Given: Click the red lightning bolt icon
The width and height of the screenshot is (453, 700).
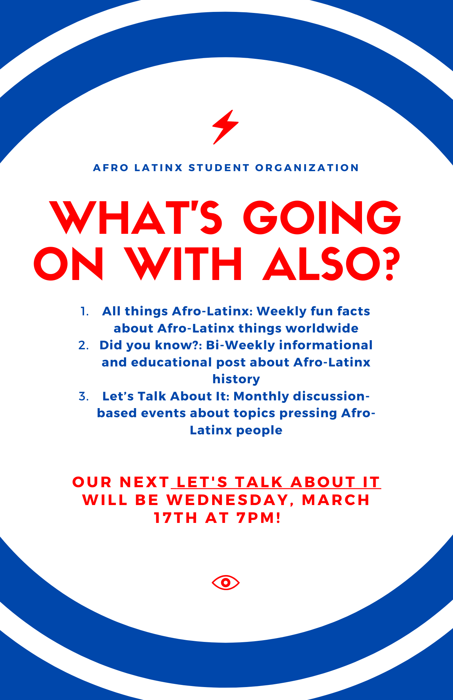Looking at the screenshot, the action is (x=225, y=127).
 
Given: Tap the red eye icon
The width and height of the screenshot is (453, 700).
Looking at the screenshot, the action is (x=226, y=582).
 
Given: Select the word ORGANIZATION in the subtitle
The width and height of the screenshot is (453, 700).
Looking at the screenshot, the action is (x=307, y=168).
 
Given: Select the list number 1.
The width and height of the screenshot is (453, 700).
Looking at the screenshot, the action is (x=84, y=311).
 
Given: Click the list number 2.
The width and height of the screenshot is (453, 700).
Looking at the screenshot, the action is (x=84, y=345).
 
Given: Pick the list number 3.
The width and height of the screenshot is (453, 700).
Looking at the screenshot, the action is (x=84, y=396).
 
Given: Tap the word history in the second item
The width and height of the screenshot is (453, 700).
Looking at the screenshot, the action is (x=236, y=379).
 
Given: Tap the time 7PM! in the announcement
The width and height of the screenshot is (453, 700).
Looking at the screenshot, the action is (x=259, y=518).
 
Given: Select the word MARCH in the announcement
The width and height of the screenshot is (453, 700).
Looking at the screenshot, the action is (x=335, y=500).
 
